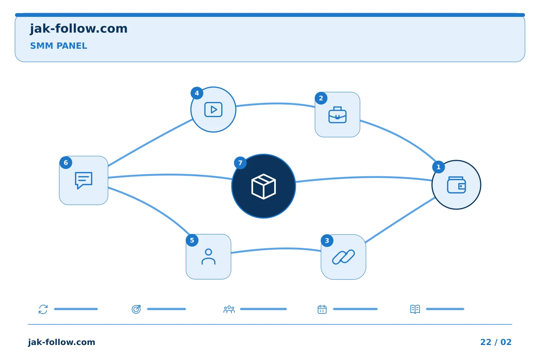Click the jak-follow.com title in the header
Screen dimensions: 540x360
coord(79,29)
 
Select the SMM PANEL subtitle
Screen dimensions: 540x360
coord(58,46)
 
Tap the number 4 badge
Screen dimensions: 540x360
coord(197,93)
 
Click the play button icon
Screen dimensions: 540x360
coord(213,109)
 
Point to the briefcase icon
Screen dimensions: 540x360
coord(337,115)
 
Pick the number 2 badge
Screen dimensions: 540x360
coord(321,98)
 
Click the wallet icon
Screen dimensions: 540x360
coord(456,185)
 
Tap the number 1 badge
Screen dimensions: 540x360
coord(438,167)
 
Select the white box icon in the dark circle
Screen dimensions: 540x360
coord(264,186)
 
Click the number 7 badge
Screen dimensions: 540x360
coord(240,163)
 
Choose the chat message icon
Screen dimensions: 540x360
coord(84,180)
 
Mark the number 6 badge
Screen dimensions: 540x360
coord(66,162)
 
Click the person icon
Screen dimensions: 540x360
coord(208,257)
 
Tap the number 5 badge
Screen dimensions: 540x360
coord(192,240)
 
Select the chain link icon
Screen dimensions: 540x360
coord(343,257)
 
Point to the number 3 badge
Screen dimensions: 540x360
coord(327,240)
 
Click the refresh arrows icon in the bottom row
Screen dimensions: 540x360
coord(43,309)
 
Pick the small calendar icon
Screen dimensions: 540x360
coord(322,309)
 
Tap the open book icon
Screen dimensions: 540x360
coord(415,309)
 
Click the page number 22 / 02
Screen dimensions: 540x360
coord(496,342)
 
